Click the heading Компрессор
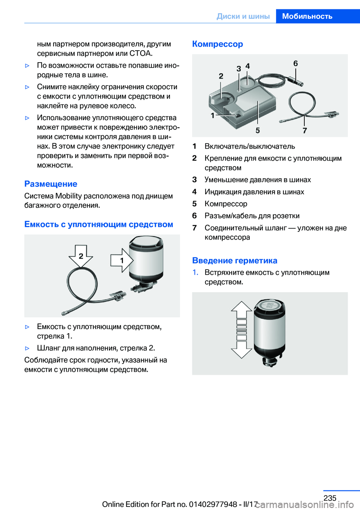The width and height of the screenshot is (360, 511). (x=217, y=44)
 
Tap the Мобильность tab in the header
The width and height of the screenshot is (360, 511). (x=307, y=16)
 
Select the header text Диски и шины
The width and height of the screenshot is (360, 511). (x=243, y=16)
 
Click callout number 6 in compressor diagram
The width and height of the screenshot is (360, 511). (x=295, y=63)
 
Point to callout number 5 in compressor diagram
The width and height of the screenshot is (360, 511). (x=258, y=130)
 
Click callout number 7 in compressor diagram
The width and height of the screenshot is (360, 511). (x=304, y=130)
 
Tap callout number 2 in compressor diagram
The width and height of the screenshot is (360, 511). (x=221, y=76)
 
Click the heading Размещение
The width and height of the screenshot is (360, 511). (x=51, y=184)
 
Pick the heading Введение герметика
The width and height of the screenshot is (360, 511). (x=235, y=260)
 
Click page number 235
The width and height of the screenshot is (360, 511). (x=330, y=498)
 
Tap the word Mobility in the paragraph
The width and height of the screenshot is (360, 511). (x=68, y=196)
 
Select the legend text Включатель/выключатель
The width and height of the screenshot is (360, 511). (x=250, y=146)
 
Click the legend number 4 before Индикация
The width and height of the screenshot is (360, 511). (x=194, y=192)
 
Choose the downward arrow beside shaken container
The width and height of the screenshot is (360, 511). (x=241, y=350)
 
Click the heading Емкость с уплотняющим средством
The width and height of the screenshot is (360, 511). (x=99, y=224)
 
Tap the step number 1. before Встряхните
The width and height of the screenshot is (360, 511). (x=195, y=272)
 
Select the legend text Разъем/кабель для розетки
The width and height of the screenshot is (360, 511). (x=252, y=216)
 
